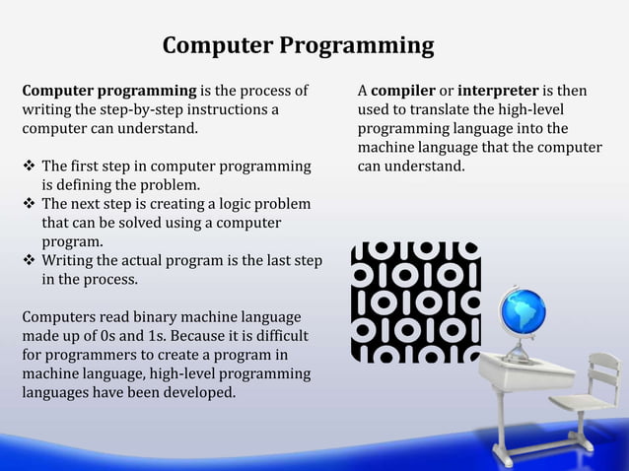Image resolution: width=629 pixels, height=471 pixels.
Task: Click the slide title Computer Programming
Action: pyautogui.click(x=298, y=45)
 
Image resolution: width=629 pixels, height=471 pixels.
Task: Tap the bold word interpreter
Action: pyautogui.click(x=499, y=92)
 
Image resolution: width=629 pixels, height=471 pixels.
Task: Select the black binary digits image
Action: pyautogui.click(x=415, y=301)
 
